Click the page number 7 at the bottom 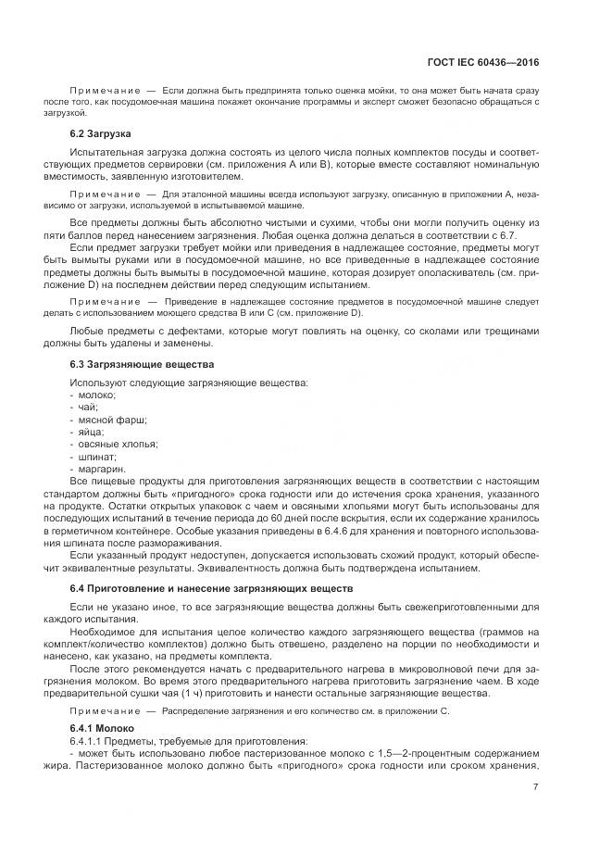536,787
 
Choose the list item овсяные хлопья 118,444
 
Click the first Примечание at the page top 105,91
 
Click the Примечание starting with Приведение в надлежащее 105,301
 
